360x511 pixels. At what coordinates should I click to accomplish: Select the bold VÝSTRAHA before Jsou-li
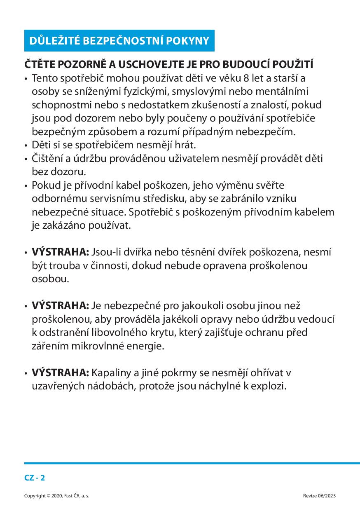61,252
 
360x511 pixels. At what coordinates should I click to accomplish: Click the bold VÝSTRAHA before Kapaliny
61,373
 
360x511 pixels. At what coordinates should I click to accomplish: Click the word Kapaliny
110,373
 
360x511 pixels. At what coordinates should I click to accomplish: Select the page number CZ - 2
35,478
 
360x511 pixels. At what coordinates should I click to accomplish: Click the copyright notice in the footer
57,496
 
